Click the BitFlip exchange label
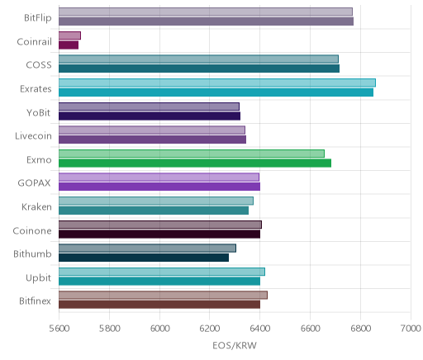[38, 17]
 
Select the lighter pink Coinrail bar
[69, 36]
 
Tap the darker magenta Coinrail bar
[69, 45]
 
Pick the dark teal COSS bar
[199, 69]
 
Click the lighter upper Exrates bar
[217, 83]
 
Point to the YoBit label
[38, 112]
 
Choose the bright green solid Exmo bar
[195, 163]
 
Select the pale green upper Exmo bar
[192, 154]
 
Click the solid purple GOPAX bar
[159, 187]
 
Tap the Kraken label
[36, 206]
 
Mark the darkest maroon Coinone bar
[159, 234]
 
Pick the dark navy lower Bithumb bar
[144, 258]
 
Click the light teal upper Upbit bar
[162, 272]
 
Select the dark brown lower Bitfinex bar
[159, 305]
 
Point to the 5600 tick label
[59, 329]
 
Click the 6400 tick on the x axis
[260, 329]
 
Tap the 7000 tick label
[411, 329]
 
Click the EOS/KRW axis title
[235, 345]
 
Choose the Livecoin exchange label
[33, 136]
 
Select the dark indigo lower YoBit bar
[150, 116]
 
